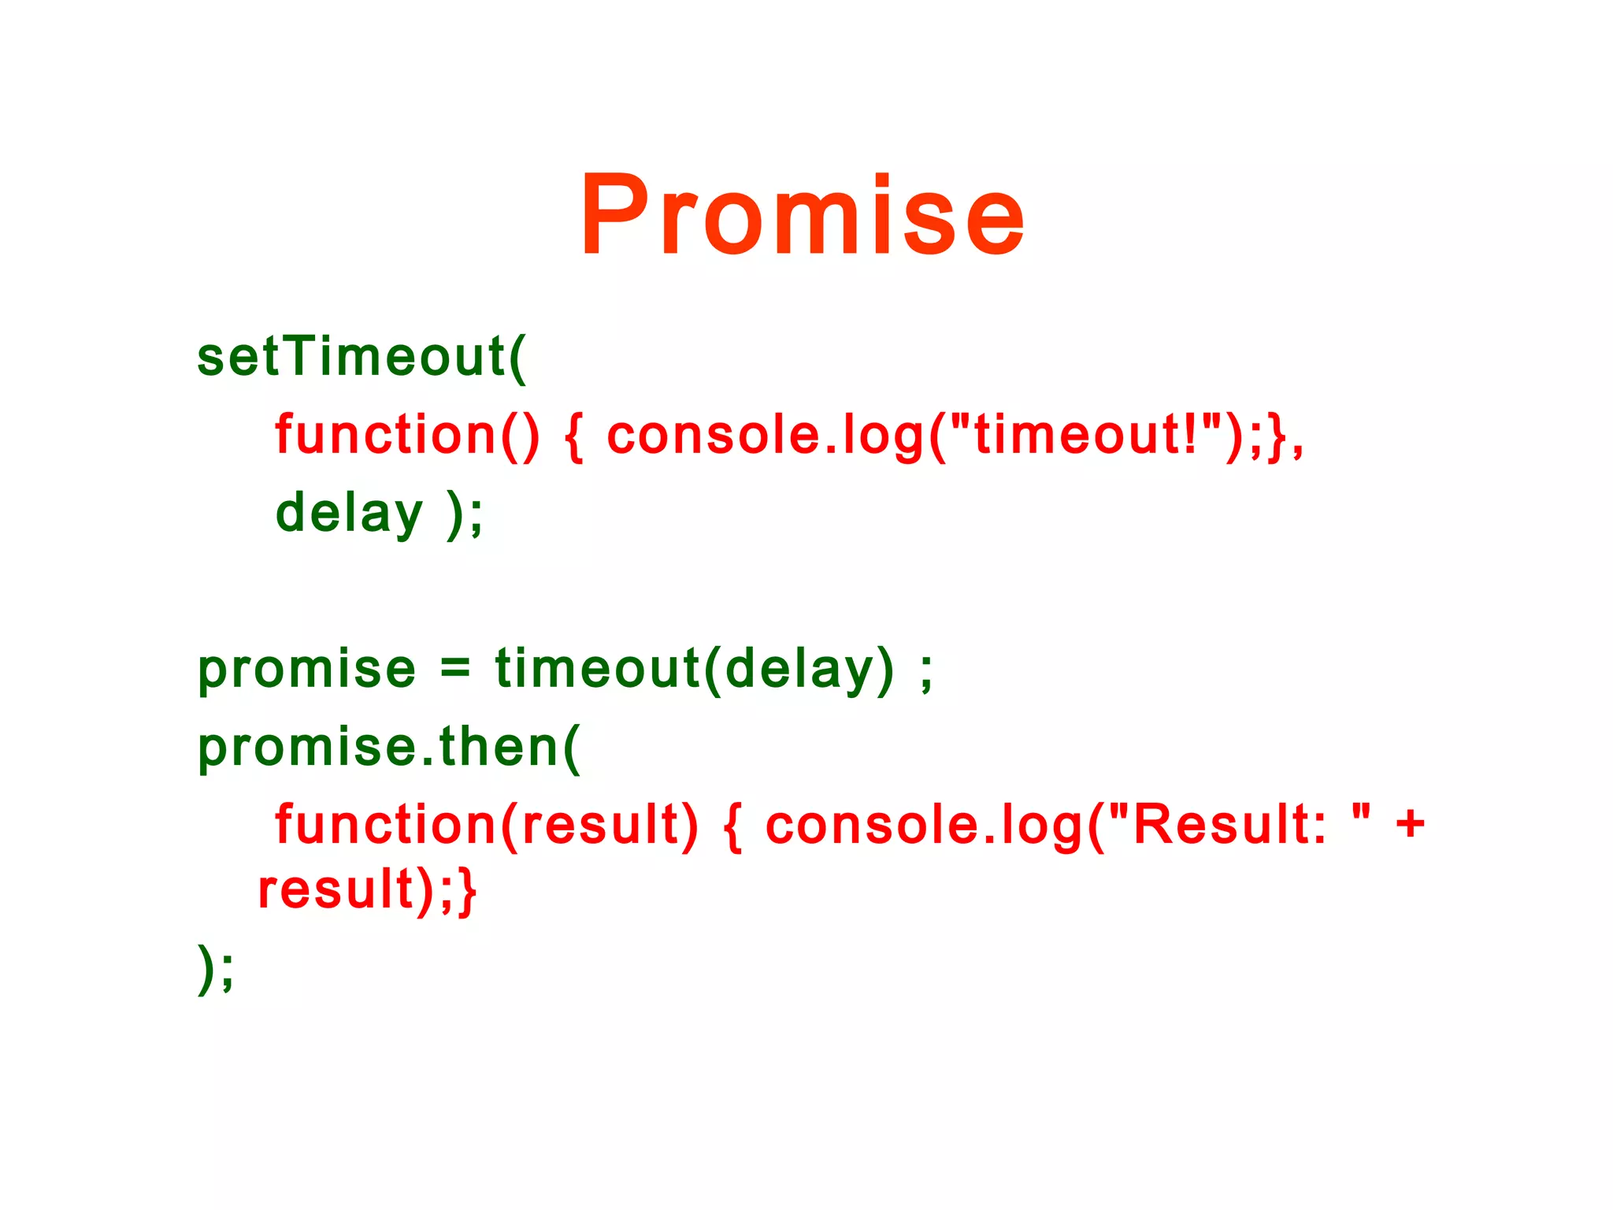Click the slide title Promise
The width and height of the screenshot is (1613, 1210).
802,215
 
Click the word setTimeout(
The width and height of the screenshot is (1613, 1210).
362,357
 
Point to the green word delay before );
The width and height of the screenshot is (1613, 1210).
349,513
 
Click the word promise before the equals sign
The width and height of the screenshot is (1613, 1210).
306,670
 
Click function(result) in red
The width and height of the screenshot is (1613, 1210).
486,825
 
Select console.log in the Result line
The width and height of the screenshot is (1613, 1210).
925,825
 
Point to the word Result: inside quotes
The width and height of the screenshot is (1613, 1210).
1229,825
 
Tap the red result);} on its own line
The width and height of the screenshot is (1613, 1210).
367,890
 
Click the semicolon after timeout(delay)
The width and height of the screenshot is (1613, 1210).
926,671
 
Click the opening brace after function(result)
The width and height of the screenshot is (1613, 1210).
732,826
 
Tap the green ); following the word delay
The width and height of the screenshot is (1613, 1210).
465,514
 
